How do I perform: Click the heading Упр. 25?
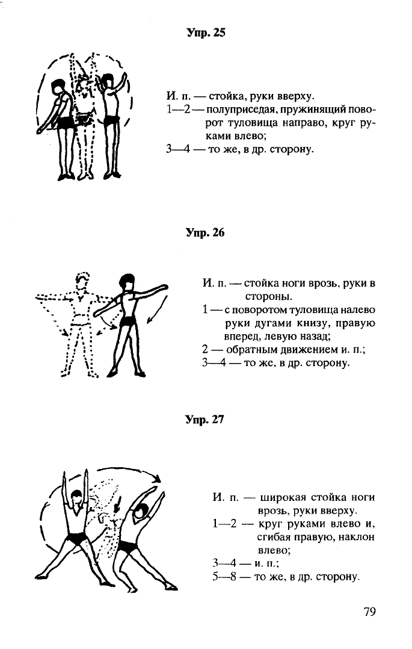206,33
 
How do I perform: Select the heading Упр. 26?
205,232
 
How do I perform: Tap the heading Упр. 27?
204,419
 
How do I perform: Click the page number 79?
370,611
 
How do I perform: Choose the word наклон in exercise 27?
354,537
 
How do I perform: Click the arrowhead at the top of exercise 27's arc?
157,479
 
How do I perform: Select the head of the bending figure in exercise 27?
140,512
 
